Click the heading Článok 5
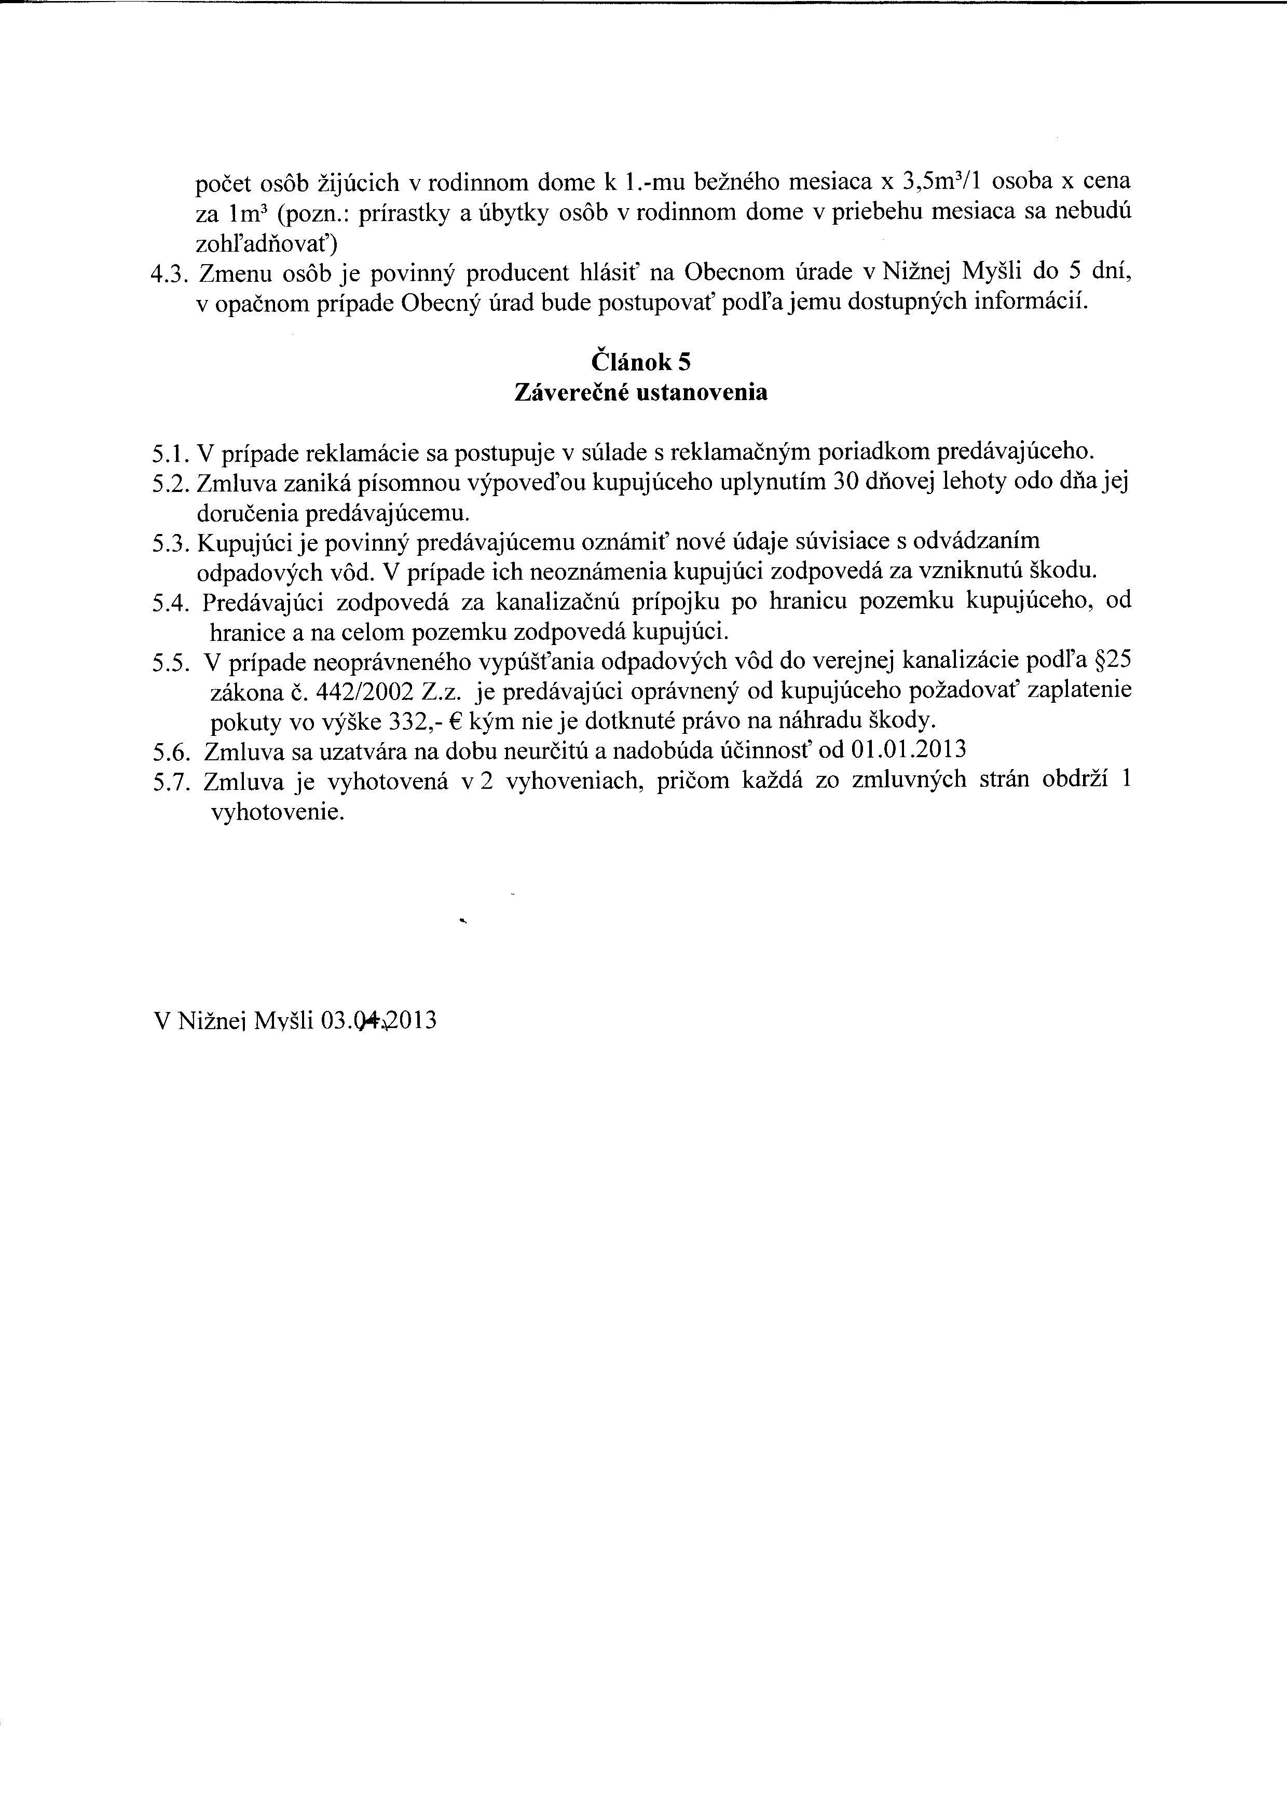pos(641,362)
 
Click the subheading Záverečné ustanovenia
pos(641,392)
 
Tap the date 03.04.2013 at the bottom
pos(379,1021)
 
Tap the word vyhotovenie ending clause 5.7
pos(277,813)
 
